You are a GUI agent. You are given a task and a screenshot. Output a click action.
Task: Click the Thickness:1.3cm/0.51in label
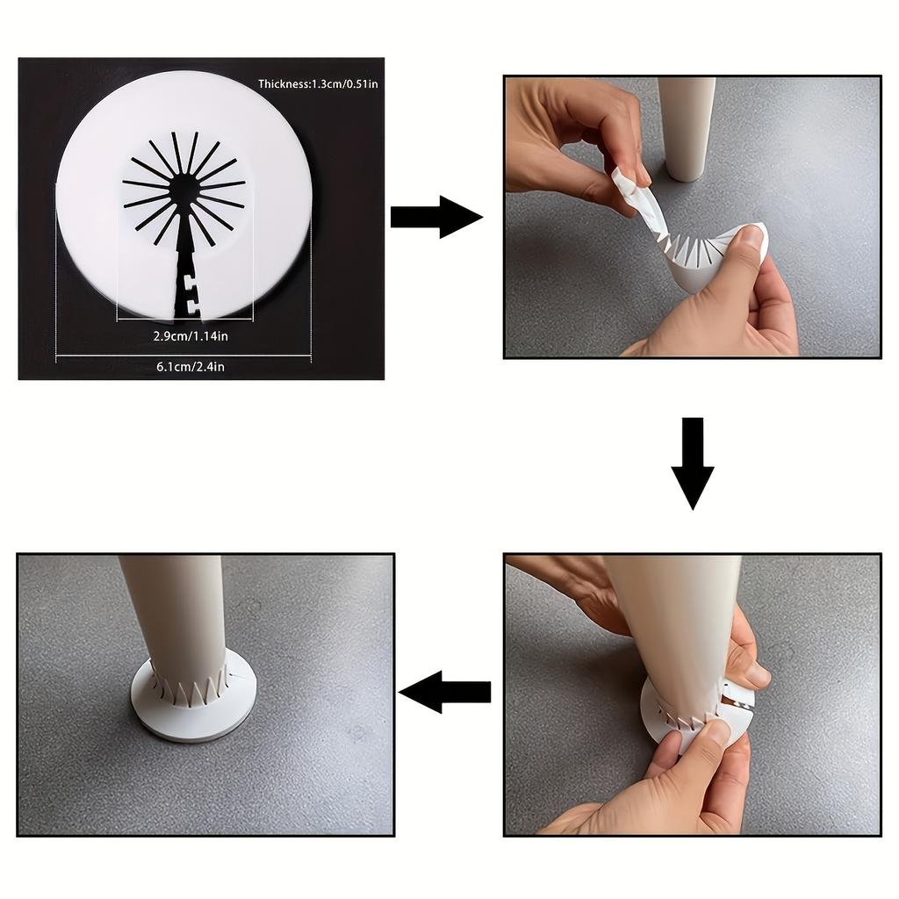[318, 83]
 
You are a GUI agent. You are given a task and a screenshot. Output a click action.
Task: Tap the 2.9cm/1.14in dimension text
[191, 336]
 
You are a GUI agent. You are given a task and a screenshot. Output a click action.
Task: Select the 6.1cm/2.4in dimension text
[191, 366]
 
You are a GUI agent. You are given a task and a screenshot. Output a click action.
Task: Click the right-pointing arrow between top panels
[436, 217]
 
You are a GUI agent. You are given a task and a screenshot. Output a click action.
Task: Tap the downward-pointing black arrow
[693, 464]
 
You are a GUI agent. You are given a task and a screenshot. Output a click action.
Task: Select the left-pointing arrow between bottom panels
[445, 692]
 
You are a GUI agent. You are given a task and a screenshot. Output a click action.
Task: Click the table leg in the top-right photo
[687, 129]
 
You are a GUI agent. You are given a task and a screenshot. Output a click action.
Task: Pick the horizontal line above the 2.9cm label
[185, 320]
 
